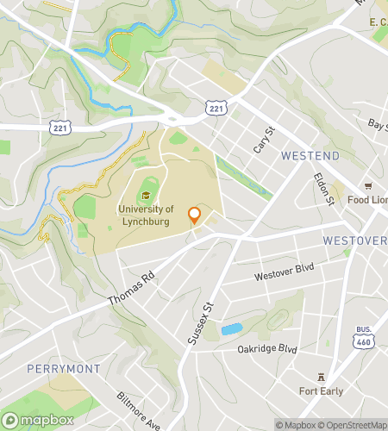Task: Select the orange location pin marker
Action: (x=195, y=215)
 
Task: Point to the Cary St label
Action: (x=262, y=138)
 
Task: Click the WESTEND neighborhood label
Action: (x=310, y=156)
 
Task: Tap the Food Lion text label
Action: (x=367, y=200)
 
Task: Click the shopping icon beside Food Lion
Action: (x=368, y=185)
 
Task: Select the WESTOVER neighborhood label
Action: (x=354, y=240)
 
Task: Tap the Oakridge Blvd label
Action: (x=266, y=349)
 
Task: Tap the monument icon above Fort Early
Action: (x=322, y=377)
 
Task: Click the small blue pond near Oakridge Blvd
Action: (x=231, y=329)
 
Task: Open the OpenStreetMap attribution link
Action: (x=354, y=424)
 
